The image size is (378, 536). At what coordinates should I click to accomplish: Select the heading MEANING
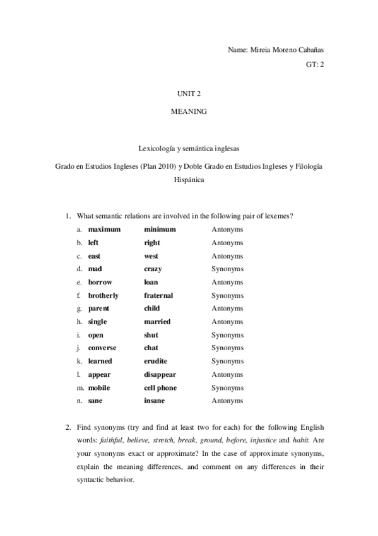189,111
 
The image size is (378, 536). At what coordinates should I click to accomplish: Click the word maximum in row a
104,229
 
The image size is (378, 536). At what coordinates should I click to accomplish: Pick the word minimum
160,229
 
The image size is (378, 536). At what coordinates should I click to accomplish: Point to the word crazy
153,269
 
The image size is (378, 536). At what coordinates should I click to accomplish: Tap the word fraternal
158,295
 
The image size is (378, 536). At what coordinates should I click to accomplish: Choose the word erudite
156,361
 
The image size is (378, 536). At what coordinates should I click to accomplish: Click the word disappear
160,374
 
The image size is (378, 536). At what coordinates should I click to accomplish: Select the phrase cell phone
160,387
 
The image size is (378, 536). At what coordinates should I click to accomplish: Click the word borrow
100,282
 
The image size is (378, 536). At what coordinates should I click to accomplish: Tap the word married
157,322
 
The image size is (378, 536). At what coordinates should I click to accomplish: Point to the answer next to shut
227,335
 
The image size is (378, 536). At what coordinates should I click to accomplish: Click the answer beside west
227,256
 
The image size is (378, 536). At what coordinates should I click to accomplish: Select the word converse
102,348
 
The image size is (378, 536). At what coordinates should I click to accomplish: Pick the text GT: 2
314,64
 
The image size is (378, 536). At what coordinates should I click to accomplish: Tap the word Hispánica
189,180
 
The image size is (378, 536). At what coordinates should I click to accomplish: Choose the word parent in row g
98,308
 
